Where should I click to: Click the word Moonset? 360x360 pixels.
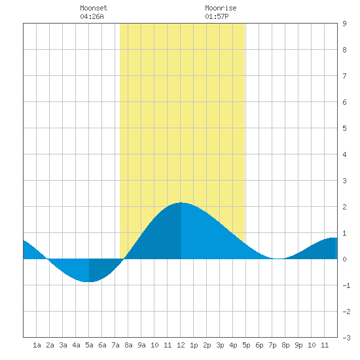[x=94, y=8]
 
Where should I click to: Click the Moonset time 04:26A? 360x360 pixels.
[x=92, y=16]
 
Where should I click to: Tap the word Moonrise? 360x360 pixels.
[x=221, y=8]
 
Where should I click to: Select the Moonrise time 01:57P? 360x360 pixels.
[x=217, y=16]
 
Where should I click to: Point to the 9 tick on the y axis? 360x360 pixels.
[x=344, y=24]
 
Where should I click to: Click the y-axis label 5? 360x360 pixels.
[x=344, y=128]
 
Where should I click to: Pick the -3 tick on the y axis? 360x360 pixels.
[x=346, y=338]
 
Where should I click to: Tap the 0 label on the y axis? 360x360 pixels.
[x=344, y=259]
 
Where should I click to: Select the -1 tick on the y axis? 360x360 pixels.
[x=346, y=285]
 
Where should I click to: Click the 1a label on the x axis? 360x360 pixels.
[x=37, y=345]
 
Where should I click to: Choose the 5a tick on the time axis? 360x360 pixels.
[x=89, y=345]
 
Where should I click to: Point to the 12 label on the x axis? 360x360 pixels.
[x=181, y=345]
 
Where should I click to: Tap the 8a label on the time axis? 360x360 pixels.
[x=128, y=345]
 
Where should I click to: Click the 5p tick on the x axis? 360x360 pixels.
[x=246, y=345]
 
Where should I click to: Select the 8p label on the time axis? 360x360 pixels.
[x=285, y=345]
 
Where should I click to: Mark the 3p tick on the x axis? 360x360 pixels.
[x=220, y=345]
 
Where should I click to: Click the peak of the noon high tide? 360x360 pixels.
[x=181, y=202]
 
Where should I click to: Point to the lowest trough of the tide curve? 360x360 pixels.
[x=87, y=281]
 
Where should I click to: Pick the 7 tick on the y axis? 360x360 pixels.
[x=344, y=76]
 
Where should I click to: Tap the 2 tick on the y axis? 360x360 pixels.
[x=344, y=207]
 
